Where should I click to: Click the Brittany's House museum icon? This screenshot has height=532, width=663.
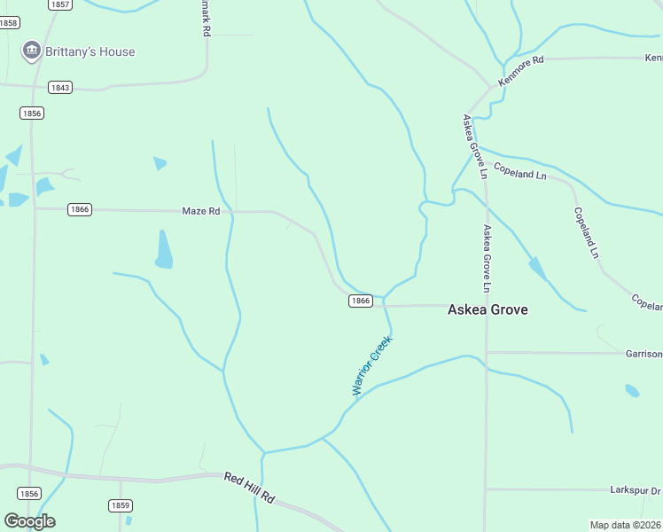click(x=32, y=51)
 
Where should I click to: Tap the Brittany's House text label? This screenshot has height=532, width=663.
click(x=92, y=51)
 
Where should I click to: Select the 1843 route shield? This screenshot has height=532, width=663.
click(x=60, y=87)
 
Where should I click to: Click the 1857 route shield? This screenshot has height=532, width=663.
click(x=60, y=4)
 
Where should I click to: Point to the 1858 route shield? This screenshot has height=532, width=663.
click(x=9, y=23)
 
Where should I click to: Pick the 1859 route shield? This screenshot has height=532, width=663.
click(x=121, y=505)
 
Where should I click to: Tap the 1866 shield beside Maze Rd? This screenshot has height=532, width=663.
click(x=80, y=209)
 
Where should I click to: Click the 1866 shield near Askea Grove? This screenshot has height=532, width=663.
click(x=360, y=301)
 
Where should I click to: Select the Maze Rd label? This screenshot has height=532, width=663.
click(x=200, y=211)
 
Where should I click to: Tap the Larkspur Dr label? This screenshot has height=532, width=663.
click(x=636, y=490)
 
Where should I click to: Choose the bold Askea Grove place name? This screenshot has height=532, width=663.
click(x=487, y=309)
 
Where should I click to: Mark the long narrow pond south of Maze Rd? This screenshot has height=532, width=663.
click(x=164, y=249)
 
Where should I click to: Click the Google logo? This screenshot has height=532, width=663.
click(x=29, y=521)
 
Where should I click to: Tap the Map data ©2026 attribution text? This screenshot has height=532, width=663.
click(x=626, y=525)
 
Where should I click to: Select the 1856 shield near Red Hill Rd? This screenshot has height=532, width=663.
click(x=29, y=493)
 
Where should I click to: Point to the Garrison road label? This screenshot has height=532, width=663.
click(x=643, y=354)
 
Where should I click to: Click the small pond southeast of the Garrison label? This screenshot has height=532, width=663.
click(x=632, y=390)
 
